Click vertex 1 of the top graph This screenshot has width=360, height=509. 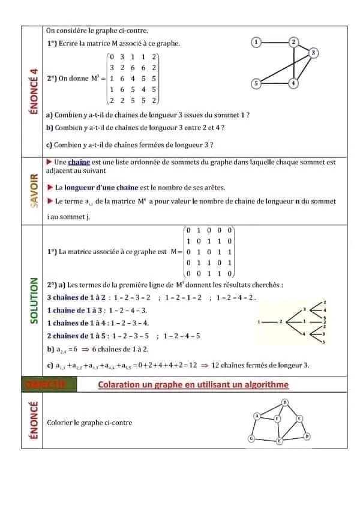pos(257,42)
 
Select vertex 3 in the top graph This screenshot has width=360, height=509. pos(314,53)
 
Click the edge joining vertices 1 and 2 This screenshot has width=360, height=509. pos(275,42)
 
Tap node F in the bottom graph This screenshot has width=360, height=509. pos(277,419)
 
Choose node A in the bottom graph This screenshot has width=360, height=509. pos(257,415)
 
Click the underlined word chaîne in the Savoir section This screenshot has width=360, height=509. pos(78,162)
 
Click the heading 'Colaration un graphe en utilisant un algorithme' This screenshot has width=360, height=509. pos(193,384)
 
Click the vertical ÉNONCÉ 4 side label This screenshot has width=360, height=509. pos(33,90)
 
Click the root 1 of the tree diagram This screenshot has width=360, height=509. pos(259,322)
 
